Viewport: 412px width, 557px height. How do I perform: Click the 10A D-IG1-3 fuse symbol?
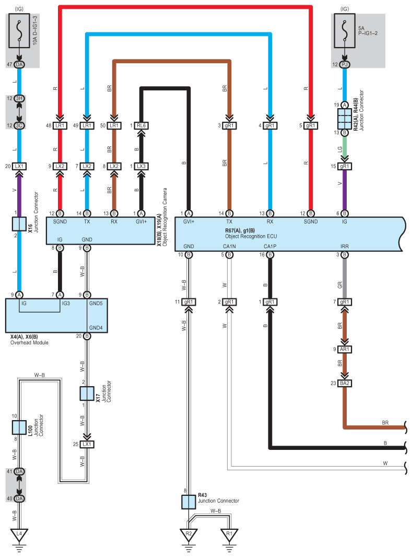point(19,31)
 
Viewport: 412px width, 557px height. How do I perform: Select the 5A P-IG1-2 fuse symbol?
point(344,31)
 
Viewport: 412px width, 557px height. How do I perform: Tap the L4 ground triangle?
point(19,535)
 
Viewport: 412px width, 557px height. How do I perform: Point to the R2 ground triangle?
point(189,535)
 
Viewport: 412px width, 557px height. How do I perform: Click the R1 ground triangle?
point(229,535)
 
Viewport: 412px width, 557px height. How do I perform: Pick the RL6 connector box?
point(141,126)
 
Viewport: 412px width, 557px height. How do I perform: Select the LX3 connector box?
point(141,166)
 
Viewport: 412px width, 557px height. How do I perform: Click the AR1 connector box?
point(345,350)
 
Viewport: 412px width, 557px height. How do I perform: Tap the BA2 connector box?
point(345,384)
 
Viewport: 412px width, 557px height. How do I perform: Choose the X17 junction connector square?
point(87,393)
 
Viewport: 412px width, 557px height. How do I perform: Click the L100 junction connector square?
point(19,427)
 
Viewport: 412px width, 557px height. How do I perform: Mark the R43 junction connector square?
point(189,502)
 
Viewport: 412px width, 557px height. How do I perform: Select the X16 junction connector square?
point(19,224)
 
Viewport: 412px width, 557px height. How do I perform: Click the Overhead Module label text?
point(29,342)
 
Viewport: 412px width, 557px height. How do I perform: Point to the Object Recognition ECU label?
point(251,236)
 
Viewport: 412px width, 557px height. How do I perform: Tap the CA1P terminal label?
point(270,246)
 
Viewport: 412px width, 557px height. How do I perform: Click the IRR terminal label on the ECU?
point(345,246)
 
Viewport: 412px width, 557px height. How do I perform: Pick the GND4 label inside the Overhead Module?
point(96,328)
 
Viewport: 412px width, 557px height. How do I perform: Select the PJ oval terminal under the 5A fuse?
point(344,65)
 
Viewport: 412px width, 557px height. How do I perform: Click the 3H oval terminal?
point(19,98)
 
